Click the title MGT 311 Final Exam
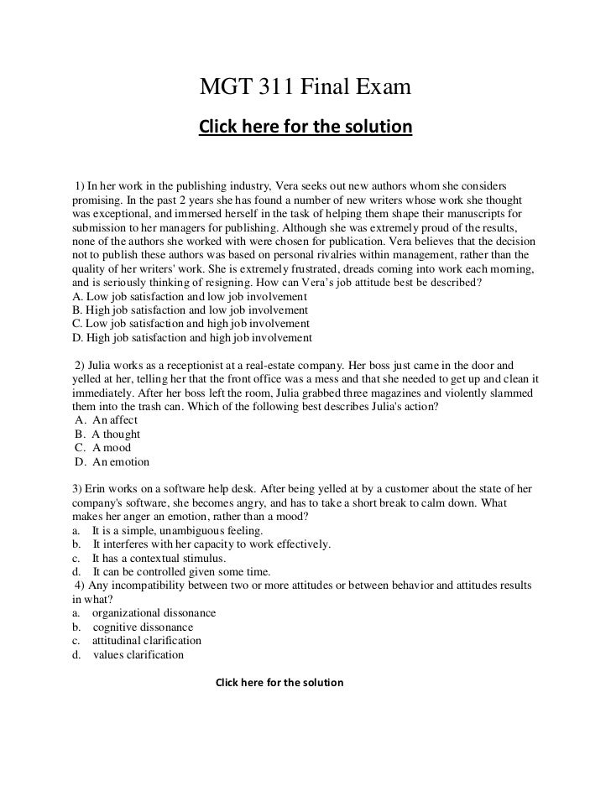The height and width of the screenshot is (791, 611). click(305, 86)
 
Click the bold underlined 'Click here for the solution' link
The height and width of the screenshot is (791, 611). click(305, 127)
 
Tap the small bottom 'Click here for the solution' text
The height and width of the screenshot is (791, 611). click(279, 683)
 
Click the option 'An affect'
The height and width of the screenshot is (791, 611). click(115, 420)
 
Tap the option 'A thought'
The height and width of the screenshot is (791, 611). click(116, 435)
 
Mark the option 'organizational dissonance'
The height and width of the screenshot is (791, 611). click(154, 613)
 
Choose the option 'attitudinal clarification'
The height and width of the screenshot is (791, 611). click(147, 641)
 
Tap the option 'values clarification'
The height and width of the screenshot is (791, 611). click(138, 654)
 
